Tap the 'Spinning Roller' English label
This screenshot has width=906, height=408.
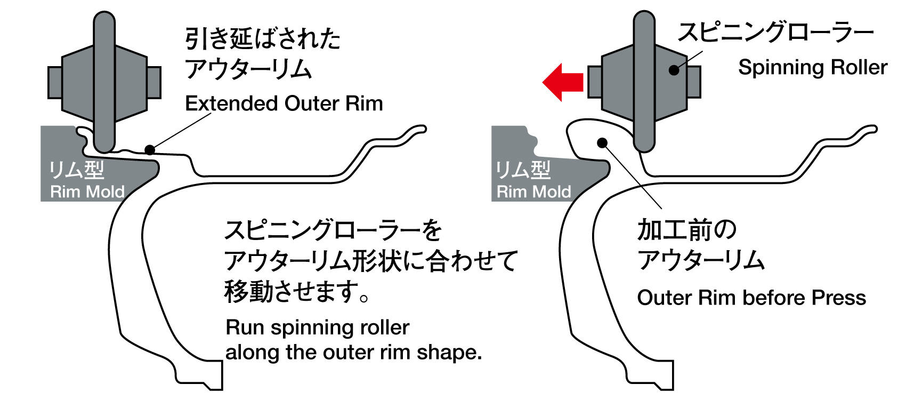[x=812, y=68]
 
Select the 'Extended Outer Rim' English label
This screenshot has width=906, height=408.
[x=284, y=103]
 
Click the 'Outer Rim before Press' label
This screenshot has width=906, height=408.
[x=751, y=298]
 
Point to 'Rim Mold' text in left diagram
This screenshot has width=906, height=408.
[x=87, y=191]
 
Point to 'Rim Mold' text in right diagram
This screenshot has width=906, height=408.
[x=533, y=191]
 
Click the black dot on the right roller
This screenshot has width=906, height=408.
[x=674, y=70]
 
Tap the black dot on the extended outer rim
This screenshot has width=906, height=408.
[x=150, y=149]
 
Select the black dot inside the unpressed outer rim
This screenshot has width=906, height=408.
[x=602, y=143]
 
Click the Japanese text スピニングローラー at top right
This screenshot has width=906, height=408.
[x=775, y=33]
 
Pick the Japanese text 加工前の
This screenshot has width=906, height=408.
[x=687, y=230]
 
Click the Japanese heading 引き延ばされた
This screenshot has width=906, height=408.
[x=263, y=38]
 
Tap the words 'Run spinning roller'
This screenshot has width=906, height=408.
[x=318, y=327]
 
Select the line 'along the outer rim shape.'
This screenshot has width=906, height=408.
[x=353, y=353]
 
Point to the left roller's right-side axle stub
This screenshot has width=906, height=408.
[x=154, y=82]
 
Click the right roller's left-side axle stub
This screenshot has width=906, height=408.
[x=595, y=82]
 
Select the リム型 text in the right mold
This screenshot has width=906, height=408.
[x=523, y=170]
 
